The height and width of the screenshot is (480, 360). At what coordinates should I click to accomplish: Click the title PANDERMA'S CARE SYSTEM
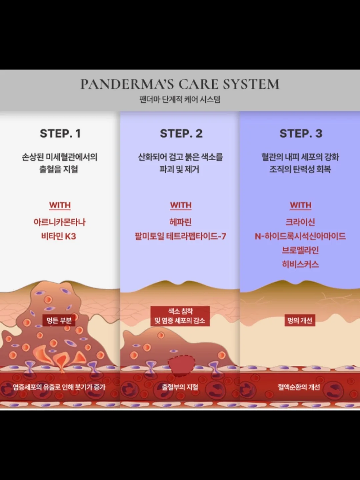(180, 84)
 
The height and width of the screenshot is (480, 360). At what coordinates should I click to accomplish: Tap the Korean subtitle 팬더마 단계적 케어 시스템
(180, 99)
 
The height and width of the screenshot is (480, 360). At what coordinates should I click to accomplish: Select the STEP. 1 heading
(60, 133)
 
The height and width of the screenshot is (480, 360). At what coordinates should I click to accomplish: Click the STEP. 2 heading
(181, 133)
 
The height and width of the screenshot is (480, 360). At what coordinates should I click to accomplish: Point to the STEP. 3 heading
(301, 133)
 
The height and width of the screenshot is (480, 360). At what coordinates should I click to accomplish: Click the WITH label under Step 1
(60, 205)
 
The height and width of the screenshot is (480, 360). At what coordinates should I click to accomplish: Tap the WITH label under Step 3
(301, 205)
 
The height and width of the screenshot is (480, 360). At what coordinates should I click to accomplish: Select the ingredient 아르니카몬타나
(59, 222)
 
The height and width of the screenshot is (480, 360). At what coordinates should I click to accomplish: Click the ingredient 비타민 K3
(59, 236)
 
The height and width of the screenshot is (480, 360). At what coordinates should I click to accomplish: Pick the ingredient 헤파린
(181, 222)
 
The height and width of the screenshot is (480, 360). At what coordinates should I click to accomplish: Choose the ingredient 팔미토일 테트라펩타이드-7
(180, 236)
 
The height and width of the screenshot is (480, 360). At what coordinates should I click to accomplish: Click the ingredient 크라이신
(300, 222)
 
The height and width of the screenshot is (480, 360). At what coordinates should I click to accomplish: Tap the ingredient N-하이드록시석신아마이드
(300, 236)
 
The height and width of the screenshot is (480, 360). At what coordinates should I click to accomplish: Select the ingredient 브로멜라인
(300, 250)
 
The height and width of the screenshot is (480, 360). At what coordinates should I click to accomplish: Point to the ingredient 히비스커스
(300, 264)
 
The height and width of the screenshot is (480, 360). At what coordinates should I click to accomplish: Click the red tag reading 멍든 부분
(59, 320)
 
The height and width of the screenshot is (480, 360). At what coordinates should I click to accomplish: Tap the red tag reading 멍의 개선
(300, 320)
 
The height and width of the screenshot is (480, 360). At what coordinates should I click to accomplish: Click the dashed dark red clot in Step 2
(181, 366)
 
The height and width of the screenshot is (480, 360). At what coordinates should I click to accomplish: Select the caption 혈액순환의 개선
(299, 387)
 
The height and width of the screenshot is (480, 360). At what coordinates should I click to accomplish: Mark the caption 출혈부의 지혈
(180, 387)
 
